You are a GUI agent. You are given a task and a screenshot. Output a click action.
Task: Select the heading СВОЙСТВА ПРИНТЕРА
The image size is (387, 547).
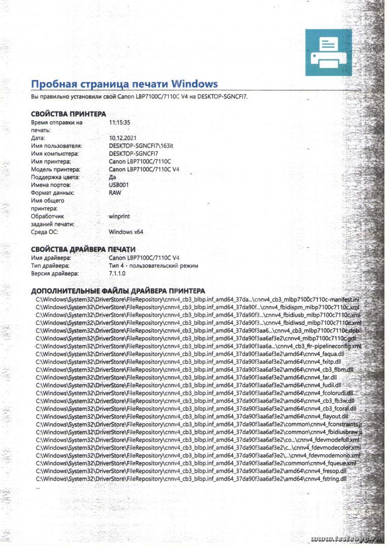point(68,114)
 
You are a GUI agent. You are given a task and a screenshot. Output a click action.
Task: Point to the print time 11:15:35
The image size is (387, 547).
point(120,122)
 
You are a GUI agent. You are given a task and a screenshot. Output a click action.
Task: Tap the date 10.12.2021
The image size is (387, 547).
point(123,138)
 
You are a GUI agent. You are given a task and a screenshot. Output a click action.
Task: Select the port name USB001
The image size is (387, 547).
point(119,185)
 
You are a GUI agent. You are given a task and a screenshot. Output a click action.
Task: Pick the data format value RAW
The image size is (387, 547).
point(115,193)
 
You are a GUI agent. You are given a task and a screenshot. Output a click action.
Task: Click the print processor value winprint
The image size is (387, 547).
point(120,216)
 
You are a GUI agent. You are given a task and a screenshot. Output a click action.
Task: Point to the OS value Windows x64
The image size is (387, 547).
point(126,232)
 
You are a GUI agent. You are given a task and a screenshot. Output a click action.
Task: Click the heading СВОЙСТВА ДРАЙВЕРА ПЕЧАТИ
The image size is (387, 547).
point(83,249)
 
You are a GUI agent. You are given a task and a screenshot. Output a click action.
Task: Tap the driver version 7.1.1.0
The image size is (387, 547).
point(118,273)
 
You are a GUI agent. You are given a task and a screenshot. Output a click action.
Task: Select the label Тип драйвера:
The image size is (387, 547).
point(50,265)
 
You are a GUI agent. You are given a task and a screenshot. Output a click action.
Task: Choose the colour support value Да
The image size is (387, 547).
point(112,177)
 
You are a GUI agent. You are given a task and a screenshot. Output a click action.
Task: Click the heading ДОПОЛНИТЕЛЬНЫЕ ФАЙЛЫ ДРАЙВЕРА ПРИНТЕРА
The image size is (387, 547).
point(118,291)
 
